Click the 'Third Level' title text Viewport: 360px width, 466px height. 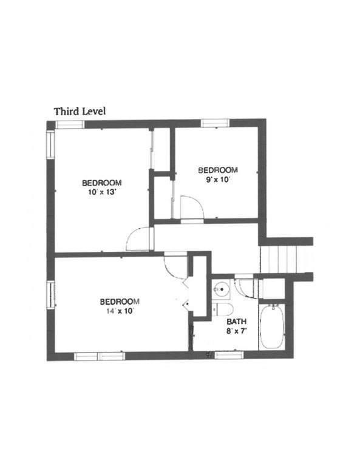pyautogui.click(x=80, y=111)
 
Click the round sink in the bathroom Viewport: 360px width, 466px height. pyautogui.click(x=222, y=290)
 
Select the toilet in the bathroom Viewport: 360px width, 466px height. pyautogui.click(x=223, y=309)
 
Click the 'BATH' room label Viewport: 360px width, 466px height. pyautogui.click(x=237, y=322)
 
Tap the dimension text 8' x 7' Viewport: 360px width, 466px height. pyautogui.click(x=237, y=331)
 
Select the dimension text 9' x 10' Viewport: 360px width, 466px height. pyautogui.click(x=217, y=180)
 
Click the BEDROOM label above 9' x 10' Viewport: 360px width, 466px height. pyautogui.click(x=218, y=170)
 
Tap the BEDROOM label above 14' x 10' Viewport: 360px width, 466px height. pyautogui.click(x=120, y=302)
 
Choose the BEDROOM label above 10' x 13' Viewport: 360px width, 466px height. pyautogui.click(x=101, y=183)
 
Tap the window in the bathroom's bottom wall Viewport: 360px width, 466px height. pyautogui.click(x=229, y=354)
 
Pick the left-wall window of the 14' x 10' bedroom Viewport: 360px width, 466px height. pyautogui.click(x=51, y=294)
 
